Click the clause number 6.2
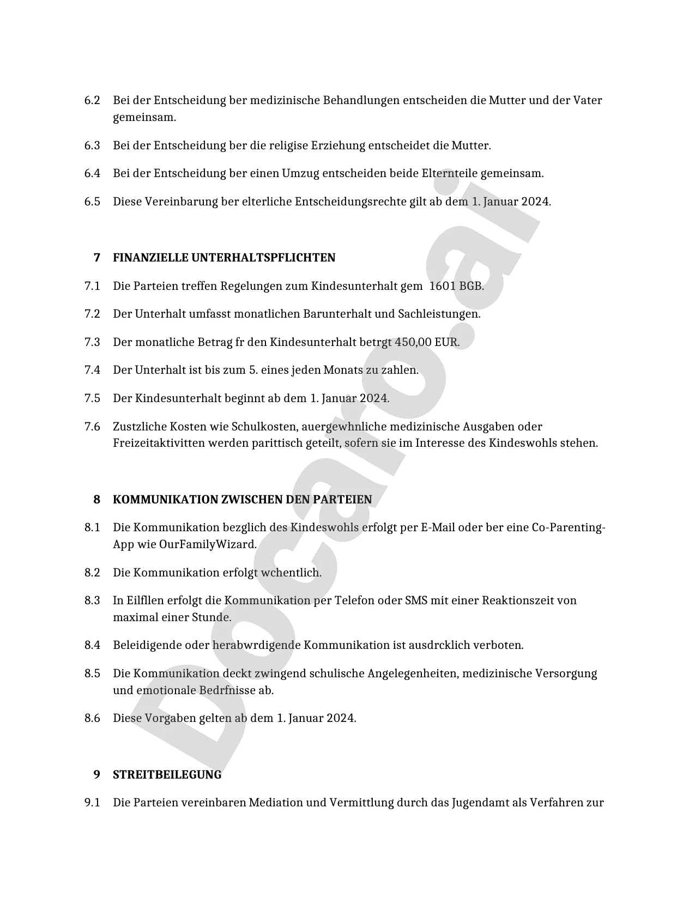(x=92, y=100)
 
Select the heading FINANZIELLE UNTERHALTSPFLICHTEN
(x=224, y=257)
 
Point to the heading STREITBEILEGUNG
(x=167, y=774)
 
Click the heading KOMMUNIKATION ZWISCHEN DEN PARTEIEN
(x=242, y=499)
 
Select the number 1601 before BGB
(x=442, y=286)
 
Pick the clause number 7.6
(x=92, y=426)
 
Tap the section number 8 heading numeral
(x=97, y=499)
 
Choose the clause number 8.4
(x=92, y=645)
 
